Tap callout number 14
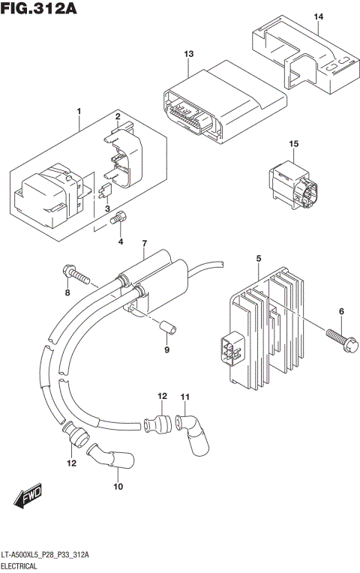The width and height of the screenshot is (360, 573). [318, 16]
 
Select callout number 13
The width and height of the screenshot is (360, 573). [189, 54]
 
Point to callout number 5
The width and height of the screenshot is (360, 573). [258, 259]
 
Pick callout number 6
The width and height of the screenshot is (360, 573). [340, 311]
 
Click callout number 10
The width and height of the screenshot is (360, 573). [117, 487]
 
